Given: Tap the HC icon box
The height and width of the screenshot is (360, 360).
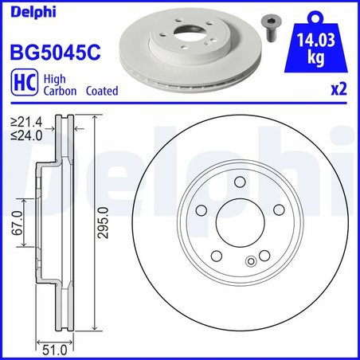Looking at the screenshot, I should coord(21,84).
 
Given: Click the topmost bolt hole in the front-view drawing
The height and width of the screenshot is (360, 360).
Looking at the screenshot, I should coord(239,184).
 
